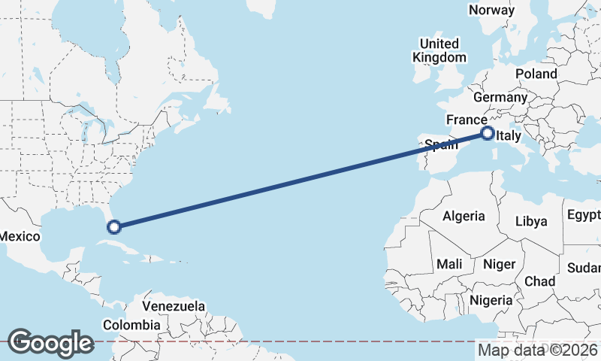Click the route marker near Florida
tap(114, 226)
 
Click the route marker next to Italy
tap(488, 134)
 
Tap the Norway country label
tap(491, 10)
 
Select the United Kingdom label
tap(439, 50)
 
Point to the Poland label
tap(536, 74)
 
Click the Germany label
tap(500, 98)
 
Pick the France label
tap(467, 120)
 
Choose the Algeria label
tap(464, 216)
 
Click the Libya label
tap(531, 221)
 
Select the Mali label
tap(449, 264)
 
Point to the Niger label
tap(498, 264)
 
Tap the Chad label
tap(539, 281)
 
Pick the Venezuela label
tap(174, 307)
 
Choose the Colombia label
tap(131, 325)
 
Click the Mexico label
tap(19, 236)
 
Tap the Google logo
tap(50, 342)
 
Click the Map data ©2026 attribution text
tap(538, 350)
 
